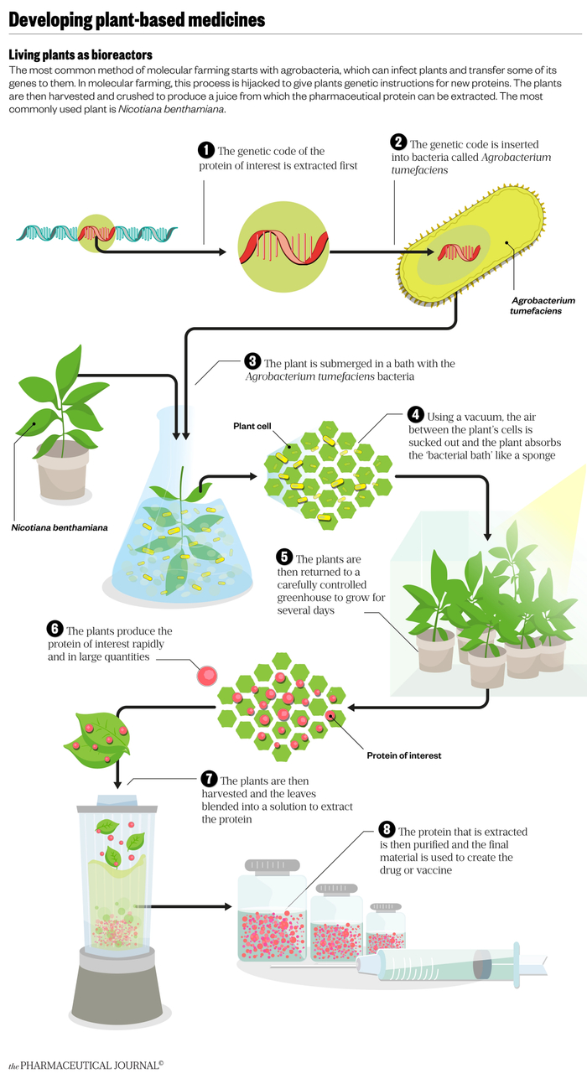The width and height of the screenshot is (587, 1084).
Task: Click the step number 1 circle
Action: (206, 150)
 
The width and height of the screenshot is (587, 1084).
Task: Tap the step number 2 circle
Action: (399, 143)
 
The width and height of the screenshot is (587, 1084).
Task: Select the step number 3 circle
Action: (252, 362)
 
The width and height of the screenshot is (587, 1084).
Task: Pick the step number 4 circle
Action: (415, 415)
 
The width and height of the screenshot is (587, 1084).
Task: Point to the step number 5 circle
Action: (284, 558)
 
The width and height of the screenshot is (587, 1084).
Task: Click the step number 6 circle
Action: (55, 630)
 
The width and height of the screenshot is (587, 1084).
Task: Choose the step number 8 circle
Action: (387, 830)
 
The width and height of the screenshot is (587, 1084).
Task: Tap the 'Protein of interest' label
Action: (403, 755)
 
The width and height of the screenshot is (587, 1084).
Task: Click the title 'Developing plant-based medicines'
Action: (137, 18)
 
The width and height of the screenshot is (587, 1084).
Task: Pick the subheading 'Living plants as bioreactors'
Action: (80, 54)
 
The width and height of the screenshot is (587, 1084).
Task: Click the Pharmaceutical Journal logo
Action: (86, 1066)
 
